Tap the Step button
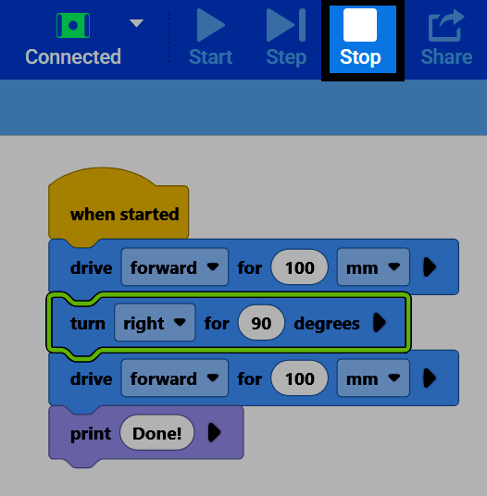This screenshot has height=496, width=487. click(286, 37)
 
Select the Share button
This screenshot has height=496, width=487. click(446, 37)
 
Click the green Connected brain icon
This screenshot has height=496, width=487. click(73, 25)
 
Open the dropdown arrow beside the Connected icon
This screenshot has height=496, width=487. click(137, 23)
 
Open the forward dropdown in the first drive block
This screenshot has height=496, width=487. click(175, 267)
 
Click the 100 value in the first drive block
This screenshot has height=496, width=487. click(299, 267)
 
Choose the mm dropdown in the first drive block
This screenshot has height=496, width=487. click(373, 267)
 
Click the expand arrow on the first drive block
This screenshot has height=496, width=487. click(430, 267)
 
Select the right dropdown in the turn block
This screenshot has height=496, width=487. click(155, 323)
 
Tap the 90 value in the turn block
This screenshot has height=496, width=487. click(261, 323)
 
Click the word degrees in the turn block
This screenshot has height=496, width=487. click(327, 324)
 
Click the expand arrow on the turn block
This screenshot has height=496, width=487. click(380, 323)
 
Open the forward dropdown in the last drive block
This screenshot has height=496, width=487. click(175, 378)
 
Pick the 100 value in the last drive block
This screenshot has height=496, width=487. click(299, 378)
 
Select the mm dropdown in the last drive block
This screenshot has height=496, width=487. click(373, 378)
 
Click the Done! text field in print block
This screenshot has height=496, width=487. click(157, 433)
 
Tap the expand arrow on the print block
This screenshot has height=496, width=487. click(214, 432)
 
